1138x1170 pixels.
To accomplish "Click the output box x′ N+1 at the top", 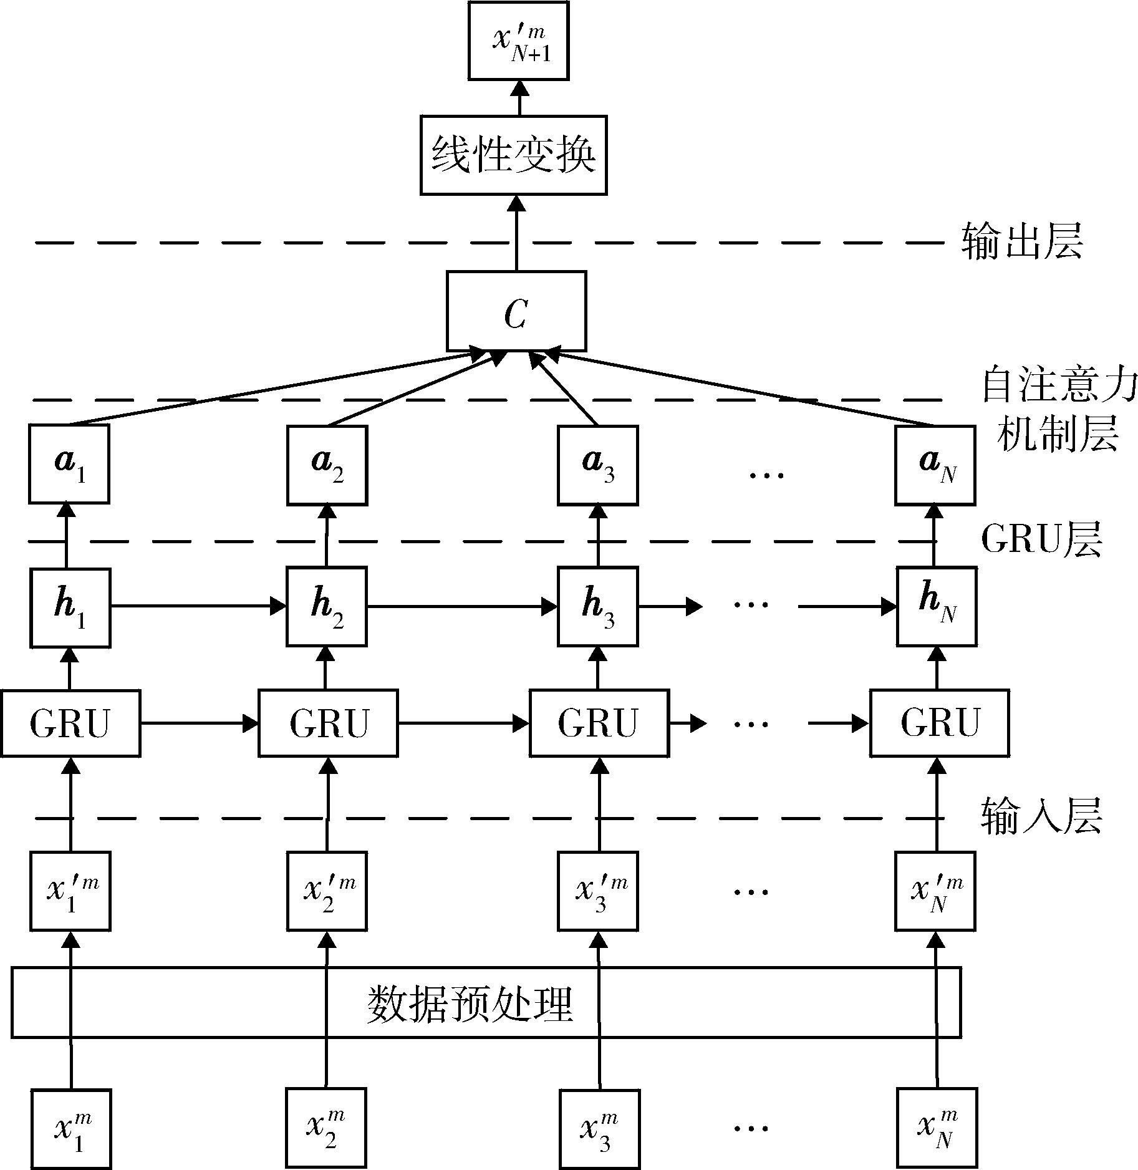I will coord(518,41).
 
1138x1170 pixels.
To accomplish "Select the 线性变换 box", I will coord(513,155).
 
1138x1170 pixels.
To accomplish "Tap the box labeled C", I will coord(516,311).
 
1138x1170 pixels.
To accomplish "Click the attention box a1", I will coord(69,463).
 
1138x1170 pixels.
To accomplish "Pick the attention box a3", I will coord(598,465).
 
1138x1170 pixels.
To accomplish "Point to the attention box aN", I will coord(935,465).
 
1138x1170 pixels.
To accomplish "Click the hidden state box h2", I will coord(327,606).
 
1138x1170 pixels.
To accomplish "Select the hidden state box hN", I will coord(937,606).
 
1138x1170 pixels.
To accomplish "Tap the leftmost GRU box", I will coord(70,723).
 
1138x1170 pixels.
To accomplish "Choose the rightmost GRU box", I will coord(940,723).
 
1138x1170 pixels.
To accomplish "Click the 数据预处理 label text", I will coord(470,1003).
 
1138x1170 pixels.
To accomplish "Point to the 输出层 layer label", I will coord(1021,241).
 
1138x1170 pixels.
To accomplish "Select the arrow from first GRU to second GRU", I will coord(200,723).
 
